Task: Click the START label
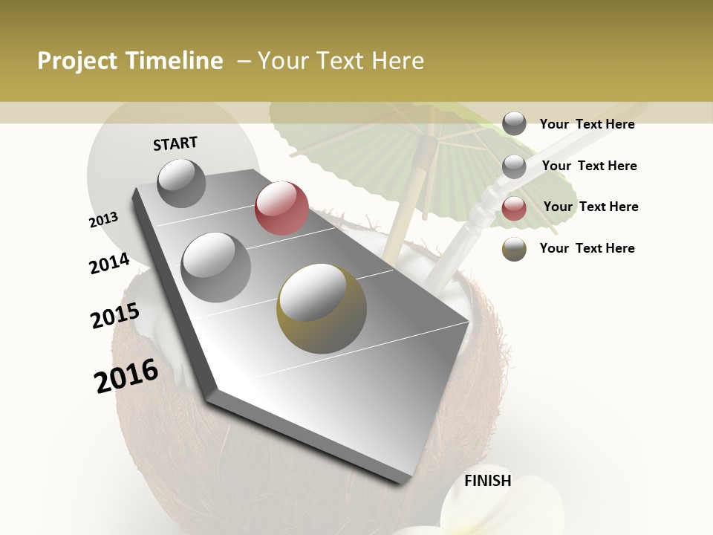click(x=175, y=143)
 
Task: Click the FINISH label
click(x=487, y=481)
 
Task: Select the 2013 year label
click(x=104, y=220)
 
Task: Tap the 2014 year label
click(x=109, y=264)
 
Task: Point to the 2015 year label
click(x=114, y=316)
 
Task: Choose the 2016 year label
click(x=126, y=376)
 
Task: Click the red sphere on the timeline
click(x=281, y=207)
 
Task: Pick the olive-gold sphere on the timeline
click(x=321, y=307)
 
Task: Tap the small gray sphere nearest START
click(x=181, y=183)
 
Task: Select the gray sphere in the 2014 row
click(x=216, y=267)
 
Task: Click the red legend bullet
click(x=514, y=208)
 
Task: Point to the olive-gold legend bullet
click(x=514, y=249)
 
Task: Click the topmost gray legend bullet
click(x=514, y=124)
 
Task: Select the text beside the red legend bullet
click(x=590, y=207)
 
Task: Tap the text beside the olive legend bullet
click(x=587, y=248)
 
